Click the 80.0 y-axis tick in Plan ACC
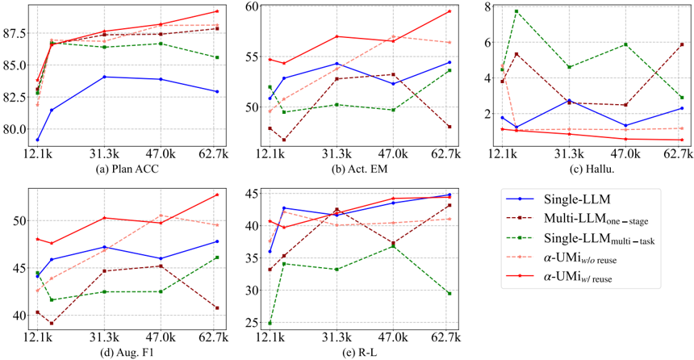coord(16,129)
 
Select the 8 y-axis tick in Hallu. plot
coord(487,6)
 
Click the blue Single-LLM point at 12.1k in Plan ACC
coord(37,140)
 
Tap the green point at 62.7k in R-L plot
coord(449,293)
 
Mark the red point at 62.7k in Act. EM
coord(449,11)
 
